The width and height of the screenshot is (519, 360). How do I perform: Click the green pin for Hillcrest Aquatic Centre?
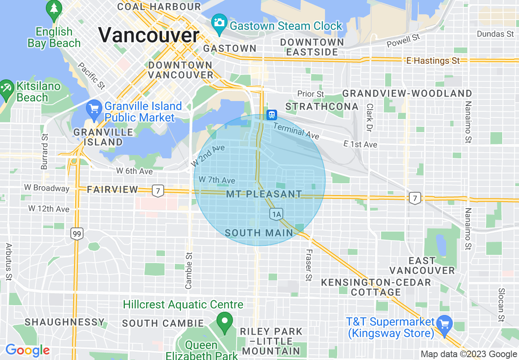click(x=224, y=321)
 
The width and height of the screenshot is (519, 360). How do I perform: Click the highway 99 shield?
click(x=77, y=234)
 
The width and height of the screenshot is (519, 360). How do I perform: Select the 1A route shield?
click(x=276, y=214)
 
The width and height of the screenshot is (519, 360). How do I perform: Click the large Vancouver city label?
click(x=149, y=35)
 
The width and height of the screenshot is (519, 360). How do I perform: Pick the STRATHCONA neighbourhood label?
click(x=322, y=107)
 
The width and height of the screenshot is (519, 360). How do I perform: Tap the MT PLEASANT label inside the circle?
click(x=264, y=194)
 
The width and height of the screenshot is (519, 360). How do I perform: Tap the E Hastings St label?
click(x=433, y=61)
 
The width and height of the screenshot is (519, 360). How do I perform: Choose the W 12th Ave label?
click(x=49, y=209)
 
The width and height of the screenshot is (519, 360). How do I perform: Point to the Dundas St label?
click(x=495, y=34)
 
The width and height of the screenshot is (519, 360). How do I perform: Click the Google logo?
click(x=27, y=350)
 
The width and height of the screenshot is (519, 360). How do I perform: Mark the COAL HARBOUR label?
click(x=159, y=7)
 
